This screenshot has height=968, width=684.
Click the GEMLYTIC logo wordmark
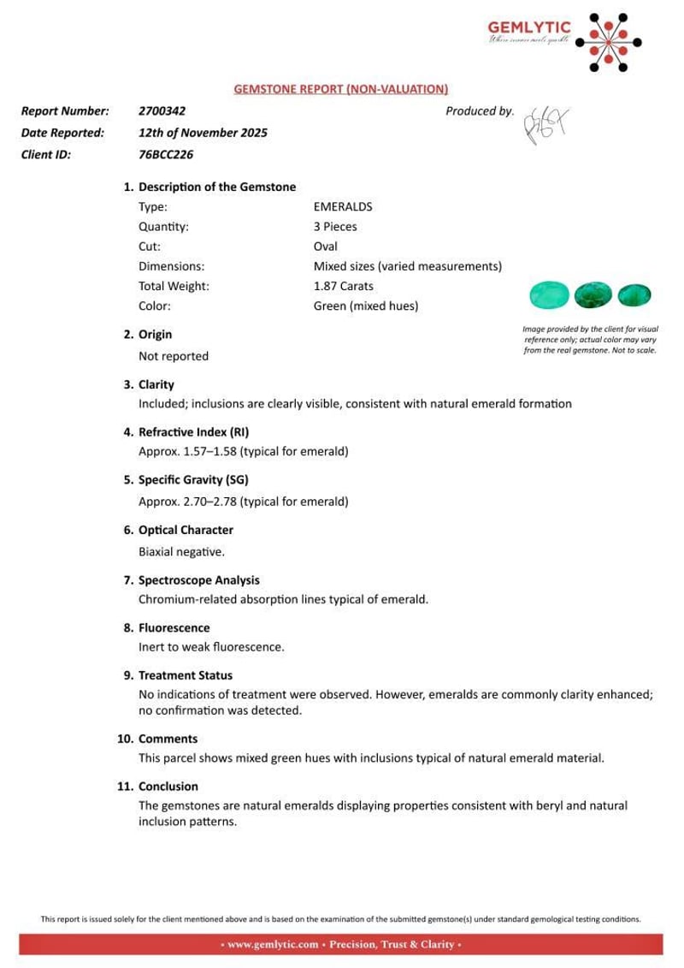coord(522,28)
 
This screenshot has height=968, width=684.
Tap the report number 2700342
coord(162,111)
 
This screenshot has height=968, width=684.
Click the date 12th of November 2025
coord(203,133)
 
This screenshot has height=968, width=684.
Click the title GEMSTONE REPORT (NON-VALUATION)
coord(341,89)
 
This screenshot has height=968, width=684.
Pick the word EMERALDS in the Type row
coord(343,206)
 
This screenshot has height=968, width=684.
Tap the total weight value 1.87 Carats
coord(344,286)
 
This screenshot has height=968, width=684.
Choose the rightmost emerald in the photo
coord(634,295)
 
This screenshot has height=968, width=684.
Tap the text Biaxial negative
coord(181,552)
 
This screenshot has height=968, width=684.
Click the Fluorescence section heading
coord(174,627)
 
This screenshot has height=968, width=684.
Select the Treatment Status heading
coord(185,675)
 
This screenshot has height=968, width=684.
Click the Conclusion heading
coord(168,786)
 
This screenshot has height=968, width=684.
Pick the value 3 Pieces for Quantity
coord(335,227)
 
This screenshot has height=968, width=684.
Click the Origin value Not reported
coord(173,355)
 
